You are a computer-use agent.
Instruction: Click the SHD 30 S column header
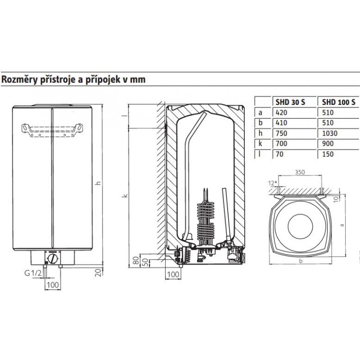(290, 102)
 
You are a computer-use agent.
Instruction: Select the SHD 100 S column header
(338, 102)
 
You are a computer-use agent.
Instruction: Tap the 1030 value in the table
(330, 133)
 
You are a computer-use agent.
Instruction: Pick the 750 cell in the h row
(282, 133)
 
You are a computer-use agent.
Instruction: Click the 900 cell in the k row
(328, 144)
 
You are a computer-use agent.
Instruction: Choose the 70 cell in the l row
(279, 154)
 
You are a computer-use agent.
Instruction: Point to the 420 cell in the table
(282, 112)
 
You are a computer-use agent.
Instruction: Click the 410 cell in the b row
(282, 123)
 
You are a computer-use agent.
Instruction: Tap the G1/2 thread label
(33, 273)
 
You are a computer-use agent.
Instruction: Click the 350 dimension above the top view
(300, 172)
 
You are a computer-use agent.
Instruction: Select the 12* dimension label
(273, 183)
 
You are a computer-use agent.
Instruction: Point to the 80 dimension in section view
(136, 261)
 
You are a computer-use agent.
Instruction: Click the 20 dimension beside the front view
(98, 272)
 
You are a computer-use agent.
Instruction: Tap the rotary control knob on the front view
(53, 259)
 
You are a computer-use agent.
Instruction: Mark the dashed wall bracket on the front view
(52, 130)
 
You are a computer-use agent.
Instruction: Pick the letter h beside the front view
(98, 183)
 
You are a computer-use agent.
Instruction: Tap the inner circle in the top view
(300, 227)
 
